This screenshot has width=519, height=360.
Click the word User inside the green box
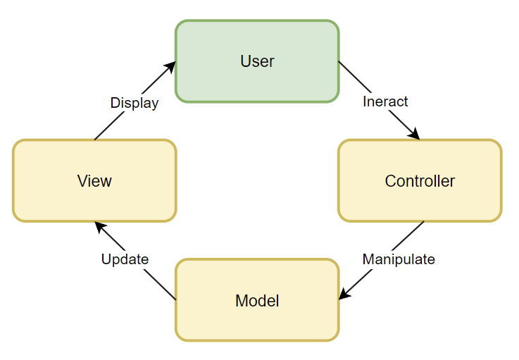click(x=257, y=61)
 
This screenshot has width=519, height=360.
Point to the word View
click(x=94, y=181)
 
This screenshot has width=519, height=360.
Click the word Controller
click(x=420, y=181)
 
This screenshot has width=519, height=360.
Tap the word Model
click(x=257, y=301)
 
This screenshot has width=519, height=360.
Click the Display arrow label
click(x=135, y=103)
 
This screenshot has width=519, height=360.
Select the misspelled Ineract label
click(x=385, y=101)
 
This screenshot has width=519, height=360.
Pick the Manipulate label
click(x=399, y=259)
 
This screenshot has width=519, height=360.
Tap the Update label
click(x=125, y=259)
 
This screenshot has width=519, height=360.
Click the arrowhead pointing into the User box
click(x=171, y=65)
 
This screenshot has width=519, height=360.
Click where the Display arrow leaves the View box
click(x=95, y=139)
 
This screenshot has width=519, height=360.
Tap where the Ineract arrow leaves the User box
click(x=339, y=62)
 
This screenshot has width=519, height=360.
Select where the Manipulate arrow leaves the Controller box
click(x=424, y=221)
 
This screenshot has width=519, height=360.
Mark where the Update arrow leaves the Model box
click(x=175, y=299)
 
